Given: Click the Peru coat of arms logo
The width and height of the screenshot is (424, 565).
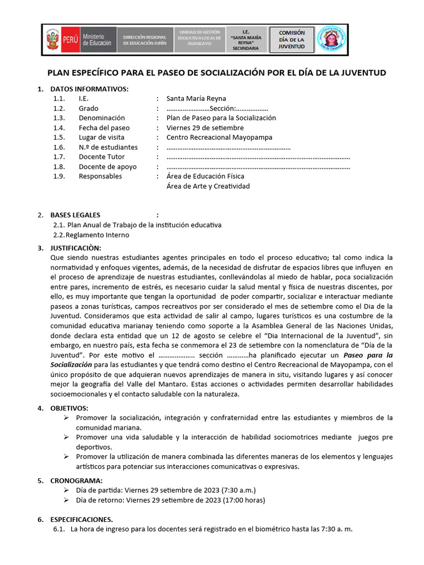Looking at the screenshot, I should [x=53, y=40].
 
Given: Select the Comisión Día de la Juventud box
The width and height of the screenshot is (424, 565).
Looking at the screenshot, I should [x=291, y=40].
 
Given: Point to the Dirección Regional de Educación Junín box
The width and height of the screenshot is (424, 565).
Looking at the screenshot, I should [x=145, y=40].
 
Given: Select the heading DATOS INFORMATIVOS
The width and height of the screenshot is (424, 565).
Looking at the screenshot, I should [x=89, y=89].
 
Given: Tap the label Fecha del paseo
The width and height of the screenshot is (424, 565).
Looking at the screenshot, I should [x=104, y=128].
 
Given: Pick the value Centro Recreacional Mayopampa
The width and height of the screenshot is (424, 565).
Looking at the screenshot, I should [x=219, y=137].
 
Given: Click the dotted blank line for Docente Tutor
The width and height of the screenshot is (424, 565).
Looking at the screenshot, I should [x=258, y=157].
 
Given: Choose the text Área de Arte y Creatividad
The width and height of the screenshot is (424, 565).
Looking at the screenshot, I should [x=208, y=186].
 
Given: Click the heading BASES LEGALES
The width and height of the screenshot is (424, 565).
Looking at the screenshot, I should [x=75, y=215].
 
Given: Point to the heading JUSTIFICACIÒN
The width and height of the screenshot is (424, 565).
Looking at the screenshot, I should [x=76, y=248].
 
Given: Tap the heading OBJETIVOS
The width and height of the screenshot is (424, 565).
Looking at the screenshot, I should [x=69, y=408].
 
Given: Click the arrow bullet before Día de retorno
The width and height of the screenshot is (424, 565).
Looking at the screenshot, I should [x=66, y=500].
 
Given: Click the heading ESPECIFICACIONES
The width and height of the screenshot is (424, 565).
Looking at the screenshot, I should [x=81, y=519].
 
